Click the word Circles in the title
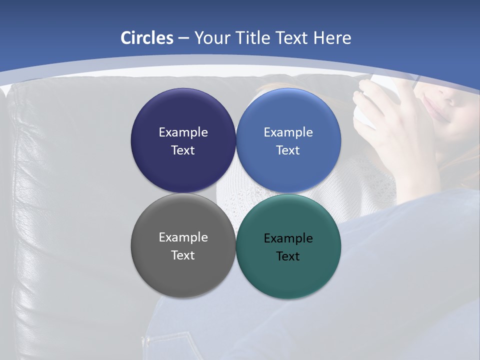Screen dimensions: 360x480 147,38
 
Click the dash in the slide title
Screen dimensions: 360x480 183,38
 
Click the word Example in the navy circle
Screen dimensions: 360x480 183,132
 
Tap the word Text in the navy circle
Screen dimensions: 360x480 183,150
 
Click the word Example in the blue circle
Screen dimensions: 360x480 288,132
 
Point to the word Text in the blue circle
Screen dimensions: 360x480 288,150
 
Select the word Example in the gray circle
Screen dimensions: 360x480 183,237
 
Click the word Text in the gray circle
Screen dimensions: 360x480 183,255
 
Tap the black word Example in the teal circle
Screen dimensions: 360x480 288,238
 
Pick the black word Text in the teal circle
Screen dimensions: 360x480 288,256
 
